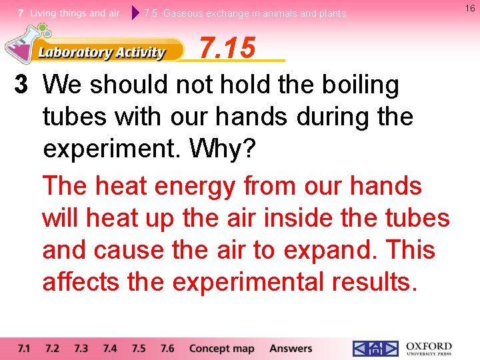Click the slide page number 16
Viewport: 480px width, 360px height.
tap(470, 7)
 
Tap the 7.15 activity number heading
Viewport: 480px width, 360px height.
tap(227, 48)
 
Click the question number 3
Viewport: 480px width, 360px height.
tap(22, 85)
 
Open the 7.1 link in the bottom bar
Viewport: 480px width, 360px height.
tap(24, 349)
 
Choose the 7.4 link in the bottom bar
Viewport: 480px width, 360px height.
tap(110, 349)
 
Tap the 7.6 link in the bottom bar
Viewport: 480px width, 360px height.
tap(167, 349)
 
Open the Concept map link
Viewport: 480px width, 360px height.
tap(221, 349)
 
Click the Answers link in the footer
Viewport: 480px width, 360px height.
tap(291, 349)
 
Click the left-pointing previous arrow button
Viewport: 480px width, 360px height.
tap(360, 349)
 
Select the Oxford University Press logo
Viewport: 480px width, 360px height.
tap(429, 349)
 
